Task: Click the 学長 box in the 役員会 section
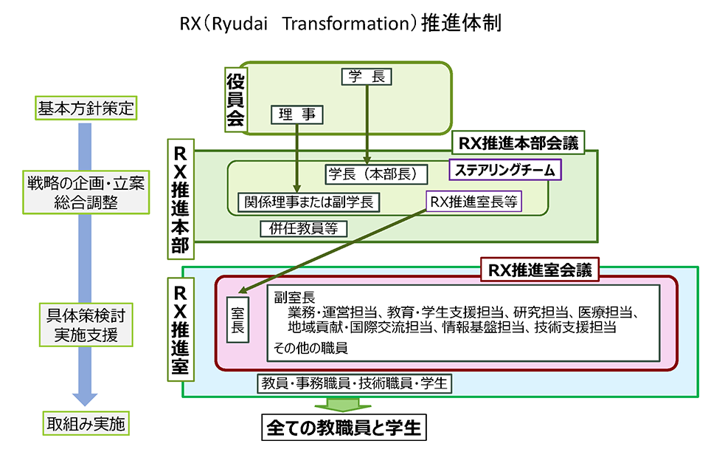coord(367,76)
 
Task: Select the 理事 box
coord(297,114)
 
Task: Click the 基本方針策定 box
coord(85,109)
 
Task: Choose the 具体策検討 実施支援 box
coord(85,325)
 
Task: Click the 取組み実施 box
coord(86,424)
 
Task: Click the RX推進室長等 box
coord(473,202)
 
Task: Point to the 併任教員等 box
coord(303,228)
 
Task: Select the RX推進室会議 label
coord(540,270)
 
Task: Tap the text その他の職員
coord(311,346)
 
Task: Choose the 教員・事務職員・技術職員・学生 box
coord(353,383)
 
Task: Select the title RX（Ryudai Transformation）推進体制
coord(341,24)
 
